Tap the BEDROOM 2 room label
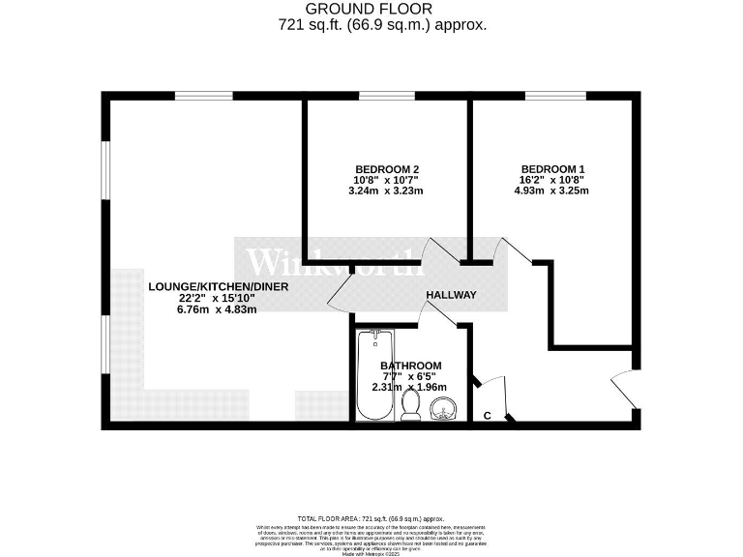(x=386, y=167)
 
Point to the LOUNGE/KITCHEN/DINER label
(x=201, y=287)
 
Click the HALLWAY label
(x=451, y=295)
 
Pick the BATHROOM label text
(x=410, y=365)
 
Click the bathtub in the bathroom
(x=373, y=376)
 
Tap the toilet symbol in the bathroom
(x=411, y=407)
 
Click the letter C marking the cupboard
(x=487, y=416)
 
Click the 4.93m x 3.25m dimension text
(x=551, y=191)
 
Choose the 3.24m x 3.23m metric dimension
(x=386, y=191)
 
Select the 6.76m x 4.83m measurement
(x=201, y=310)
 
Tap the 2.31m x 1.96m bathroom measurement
(x=410, y=387)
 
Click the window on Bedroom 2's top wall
(x=387, y=95)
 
